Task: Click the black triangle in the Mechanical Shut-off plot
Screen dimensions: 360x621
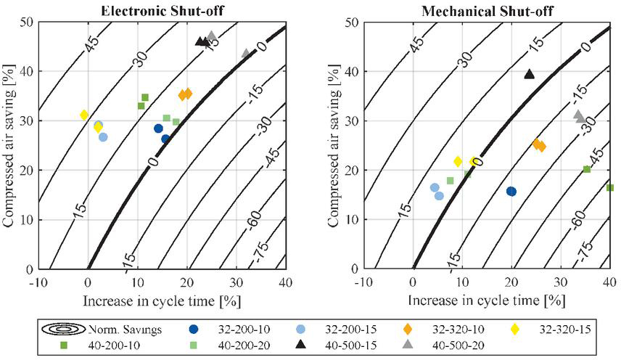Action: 529,74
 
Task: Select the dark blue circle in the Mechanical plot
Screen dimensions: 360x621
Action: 511,192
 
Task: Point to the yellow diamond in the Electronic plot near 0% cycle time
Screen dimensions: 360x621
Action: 84,115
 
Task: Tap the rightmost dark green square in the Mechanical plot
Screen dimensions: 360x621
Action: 610,188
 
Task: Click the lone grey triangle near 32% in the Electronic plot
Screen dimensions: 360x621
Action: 246,54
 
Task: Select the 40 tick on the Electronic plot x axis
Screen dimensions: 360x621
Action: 284,282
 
